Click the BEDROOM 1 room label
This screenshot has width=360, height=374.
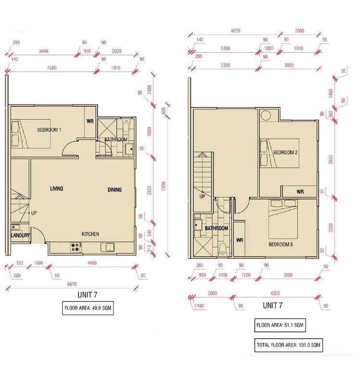point(49,130)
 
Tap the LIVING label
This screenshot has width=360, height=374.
point(57,188)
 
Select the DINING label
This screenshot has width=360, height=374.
point(114,189)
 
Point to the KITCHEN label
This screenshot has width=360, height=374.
point(90,234)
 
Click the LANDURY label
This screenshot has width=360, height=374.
point(21,236)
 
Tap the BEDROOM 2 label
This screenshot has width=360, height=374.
point(285,152)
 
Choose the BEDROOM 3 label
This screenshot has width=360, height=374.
point(281,245)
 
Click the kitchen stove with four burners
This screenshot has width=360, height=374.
point(76,248)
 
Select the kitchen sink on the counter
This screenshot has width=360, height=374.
point(107,247)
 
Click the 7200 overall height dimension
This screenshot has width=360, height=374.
point(163,187)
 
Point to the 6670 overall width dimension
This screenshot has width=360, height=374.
point(72,284)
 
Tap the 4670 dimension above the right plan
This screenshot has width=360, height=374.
point(236,31)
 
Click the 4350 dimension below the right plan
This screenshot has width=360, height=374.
point(275,293)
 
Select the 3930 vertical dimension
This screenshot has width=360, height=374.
point(330,160)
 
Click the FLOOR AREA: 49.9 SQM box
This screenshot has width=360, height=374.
point(88,308)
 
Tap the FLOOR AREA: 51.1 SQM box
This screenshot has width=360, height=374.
point(280,325)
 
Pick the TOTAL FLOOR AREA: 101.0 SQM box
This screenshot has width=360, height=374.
point(288,345)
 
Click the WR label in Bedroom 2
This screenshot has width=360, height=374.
point(300,192)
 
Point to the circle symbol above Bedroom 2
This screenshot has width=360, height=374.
point(266,116)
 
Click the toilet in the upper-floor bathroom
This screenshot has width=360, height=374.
point(223,249)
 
